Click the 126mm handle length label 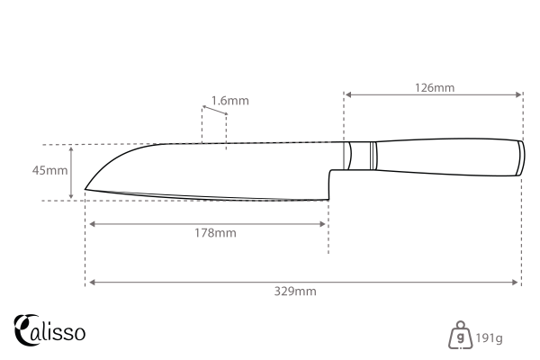435,87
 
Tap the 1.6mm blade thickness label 230,100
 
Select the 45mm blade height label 50,171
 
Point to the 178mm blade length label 215,233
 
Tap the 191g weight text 490,338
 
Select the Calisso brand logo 50,330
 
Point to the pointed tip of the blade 86,189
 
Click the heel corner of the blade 328,200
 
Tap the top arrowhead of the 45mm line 72,148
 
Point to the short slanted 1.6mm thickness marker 213,111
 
